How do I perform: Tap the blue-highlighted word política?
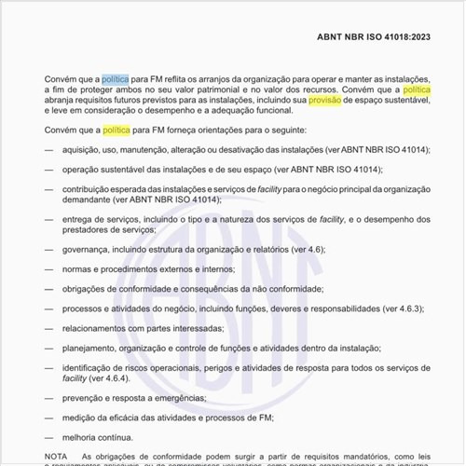click(x=116, y=81)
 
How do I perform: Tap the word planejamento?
click(x=91, y=348)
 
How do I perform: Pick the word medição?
click(x=79, y=418)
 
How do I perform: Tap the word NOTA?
click(x=56, y=456)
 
